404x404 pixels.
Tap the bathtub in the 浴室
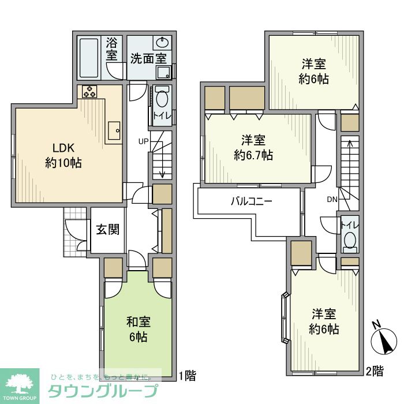(x=89, y=58)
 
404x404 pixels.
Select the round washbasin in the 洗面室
(x=163, y=43)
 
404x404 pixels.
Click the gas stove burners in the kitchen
(x=89, y=91)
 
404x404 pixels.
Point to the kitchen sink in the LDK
(x=114, y=130)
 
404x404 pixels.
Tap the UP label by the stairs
(x=143, y=141)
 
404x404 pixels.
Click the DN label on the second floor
(x=332, y=199)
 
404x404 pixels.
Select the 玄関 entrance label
(x=108, y=229)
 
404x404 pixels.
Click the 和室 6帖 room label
(x=139, y=330)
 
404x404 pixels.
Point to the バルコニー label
(x=251, y=201)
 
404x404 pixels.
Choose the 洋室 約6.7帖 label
(x=253, y=148)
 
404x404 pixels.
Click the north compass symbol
(x=384, y=338)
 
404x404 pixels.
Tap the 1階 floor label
(x=188, y=375)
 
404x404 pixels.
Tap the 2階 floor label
(x=375, y=371)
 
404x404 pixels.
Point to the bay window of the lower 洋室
(x=285, y=318)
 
